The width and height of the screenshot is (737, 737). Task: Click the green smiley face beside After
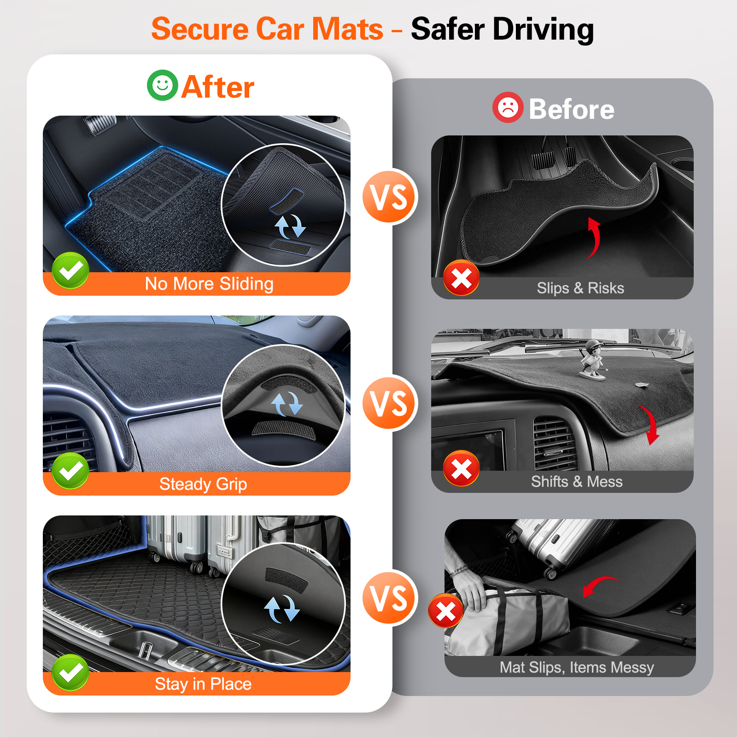click(x=162, y=85)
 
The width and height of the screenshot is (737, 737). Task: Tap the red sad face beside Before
click(x=508, y=107)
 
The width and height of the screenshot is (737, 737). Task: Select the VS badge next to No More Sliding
click(x=390, y=197)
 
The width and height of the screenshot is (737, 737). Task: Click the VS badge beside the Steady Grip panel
click(x=390, y=403)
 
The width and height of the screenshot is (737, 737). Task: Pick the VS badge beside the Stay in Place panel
click(x=390, y=598)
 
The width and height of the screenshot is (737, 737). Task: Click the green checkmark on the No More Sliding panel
click(x=70, y=270)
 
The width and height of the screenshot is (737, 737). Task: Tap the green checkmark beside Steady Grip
click(x=70, y=470)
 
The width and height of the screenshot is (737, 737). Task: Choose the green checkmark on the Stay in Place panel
click(x=70, y=673)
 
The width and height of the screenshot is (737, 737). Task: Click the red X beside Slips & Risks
click(x=461, y=278)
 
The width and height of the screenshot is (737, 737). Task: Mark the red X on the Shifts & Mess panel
click(x=461, y=469)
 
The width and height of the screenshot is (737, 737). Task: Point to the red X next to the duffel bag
click(x=445, y=611)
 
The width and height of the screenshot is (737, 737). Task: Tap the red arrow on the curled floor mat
click(x=595, y=237)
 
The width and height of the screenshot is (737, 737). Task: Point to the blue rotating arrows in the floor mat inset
click(x=290, y=226)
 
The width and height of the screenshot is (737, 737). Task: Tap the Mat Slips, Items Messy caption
click(x=577, y=667)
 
